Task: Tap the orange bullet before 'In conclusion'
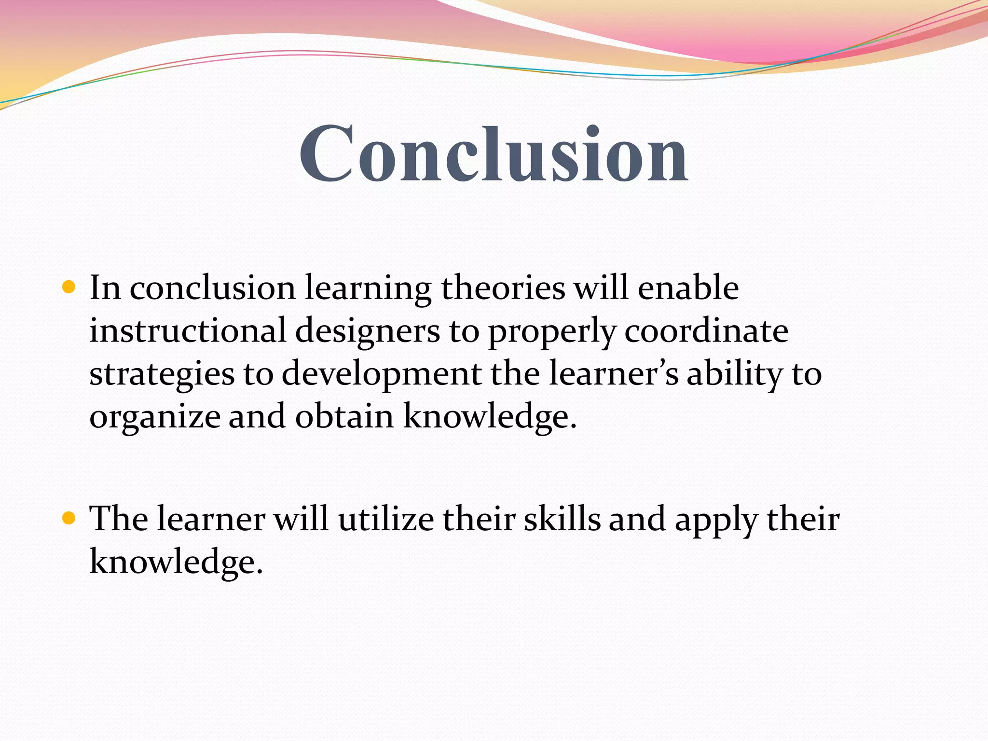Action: point(69,288)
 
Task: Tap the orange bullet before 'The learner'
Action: point(69,519)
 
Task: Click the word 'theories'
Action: point(503,288)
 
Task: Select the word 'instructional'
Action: point(188,331)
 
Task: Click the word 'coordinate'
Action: point(706,331)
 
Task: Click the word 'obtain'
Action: point(344,416)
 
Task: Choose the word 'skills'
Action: point(562,519)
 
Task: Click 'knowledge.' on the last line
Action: point(176,563)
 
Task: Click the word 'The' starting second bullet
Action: point(119,519)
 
